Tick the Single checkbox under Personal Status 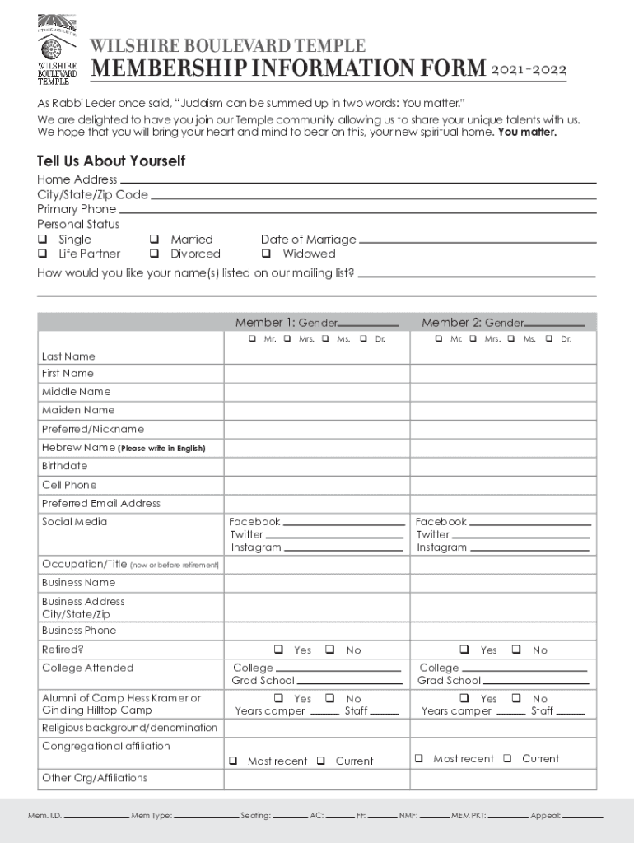42,240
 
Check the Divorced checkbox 154,254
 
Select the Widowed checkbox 266,254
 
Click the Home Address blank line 357,180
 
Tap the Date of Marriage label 308,240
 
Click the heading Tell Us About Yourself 111,161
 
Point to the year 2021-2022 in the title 529,69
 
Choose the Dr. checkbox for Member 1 363,339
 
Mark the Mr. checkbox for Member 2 438,339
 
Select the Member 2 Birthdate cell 503,466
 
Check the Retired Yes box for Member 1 279,650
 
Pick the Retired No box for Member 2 516,650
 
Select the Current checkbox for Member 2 508,758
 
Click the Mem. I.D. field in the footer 95,817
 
